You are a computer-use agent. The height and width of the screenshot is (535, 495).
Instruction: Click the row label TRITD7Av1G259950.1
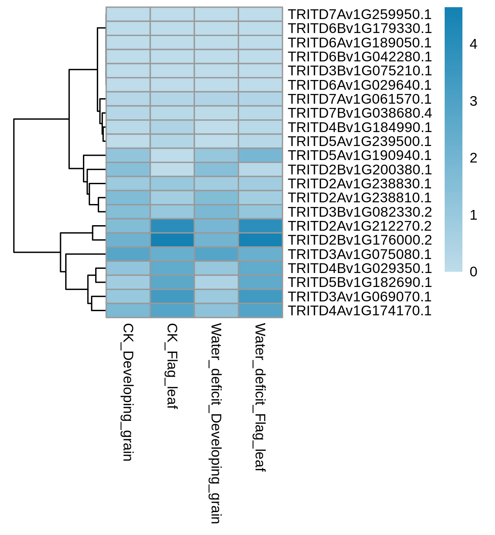[x=360, y=14]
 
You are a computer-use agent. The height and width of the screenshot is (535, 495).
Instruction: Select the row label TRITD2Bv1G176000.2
[x=360, y=240]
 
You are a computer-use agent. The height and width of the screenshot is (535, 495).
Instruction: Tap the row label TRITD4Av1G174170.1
[x=360, y=311]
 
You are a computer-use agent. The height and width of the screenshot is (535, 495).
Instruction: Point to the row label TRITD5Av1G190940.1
[x=360, y=155]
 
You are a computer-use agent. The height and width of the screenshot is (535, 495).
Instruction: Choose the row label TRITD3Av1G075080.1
[x=360, y=254]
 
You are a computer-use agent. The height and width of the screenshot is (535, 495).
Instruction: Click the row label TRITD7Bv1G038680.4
[x=360, y=113]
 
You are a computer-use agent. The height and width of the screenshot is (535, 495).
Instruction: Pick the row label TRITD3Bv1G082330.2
[x=360, y=212]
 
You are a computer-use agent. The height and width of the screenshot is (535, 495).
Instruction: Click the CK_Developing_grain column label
[x=128, y=392]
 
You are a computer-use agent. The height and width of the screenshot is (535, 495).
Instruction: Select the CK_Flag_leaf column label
[x=172, y=366]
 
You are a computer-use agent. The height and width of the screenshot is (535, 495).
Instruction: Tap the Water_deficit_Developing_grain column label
[x=216, y=423]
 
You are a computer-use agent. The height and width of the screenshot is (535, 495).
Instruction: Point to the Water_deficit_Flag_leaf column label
[x=260, y=397]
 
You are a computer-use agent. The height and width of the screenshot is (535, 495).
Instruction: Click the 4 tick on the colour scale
[x=473, y=44]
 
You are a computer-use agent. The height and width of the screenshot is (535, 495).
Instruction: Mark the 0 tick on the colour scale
[x=473, y=272]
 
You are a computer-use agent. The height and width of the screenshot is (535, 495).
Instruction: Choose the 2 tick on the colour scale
[x=473, y=158]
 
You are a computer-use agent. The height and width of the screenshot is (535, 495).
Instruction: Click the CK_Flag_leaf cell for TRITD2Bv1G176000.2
[x=172, y=240]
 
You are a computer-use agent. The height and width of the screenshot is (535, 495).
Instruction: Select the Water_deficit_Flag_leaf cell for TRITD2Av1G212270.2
[x=261, y=226]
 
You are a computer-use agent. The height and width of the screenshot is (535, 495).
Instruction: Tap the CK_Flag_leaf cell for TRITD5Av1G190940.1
[x=172, y=155]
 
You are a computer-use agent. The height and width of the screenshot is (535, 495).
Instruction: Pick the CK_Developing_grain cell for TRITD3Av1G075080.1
[x=128, y=254]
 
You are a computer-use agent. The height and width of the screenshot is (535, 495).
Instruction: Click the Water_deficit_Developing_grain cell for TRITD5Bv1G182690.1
[x=216, y=282]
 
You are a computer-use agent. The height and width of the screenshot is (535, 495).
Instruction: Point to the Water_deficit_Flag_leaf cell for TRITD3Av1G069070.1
[x=261, y=297]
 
